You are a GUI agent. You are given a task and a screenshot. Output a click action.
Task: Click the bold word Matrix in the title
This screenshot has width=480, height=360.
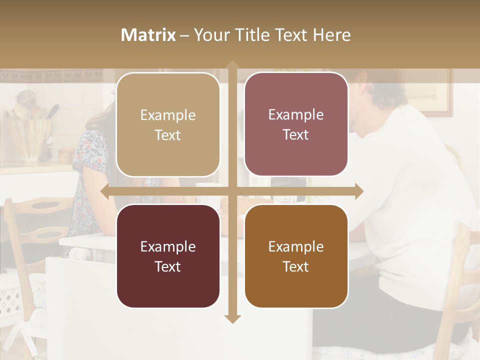click(x=148, y=35)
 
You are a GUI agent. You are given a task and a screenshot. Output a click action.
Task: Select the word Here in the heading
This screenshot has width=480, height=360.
click(x=331, y=35)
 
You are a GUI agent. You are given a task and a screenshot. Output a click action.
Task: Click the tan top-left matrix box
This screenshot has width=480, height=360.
click(x=168, y=124)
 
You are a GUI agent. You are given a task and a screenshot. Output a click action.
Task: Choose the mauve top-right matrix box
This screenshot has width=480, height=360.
click(x=296, y=124)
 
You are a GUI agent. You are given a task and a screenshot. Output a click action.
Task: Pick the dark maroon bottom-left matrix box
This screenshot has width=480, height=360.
click(x=168, y=256)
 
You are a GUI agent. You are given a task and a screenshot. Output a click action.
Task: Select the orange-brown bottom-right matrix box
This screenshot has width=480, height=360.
click(x=296, y=256)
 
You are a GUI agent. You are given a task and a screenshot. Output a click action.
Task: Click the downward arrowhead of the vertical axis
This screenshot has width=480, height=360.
click(x=232, y=318)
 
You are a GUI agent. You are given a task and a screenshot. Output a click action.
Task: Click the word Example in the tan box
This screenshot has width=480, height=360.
click(x=168, y=115)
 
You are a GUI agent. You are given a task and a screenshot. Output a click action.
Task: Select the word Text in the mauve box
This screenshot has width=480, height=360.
click(x=296, y=135)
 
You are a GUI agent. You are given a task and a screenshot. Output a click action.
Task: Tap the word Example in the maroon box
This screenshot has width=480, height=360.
click(x=168, y=246)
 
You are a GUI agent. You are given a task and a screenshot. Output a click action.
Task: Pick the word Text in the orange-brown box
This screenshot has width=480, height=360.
click(x=296, y=266)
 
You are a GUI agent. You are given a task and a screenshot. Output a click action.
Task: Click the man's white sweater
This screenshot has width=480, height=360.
click(x=410, y=190)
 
